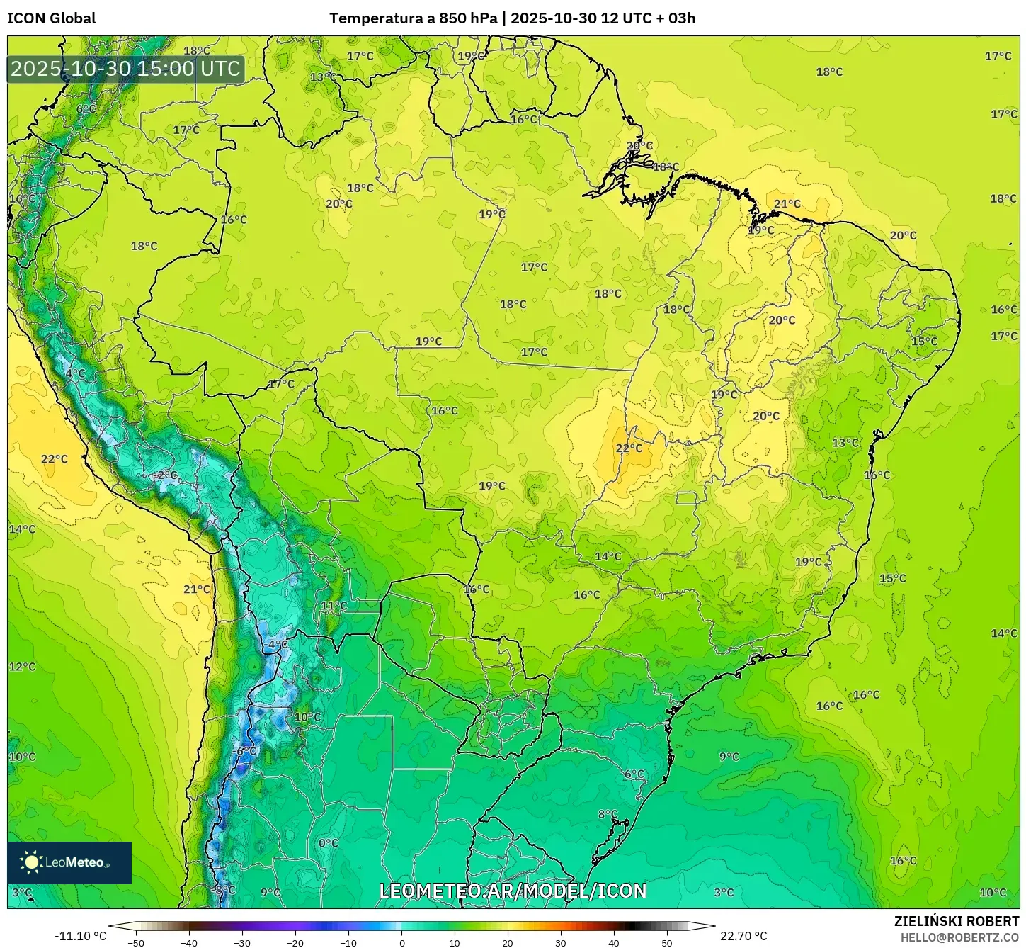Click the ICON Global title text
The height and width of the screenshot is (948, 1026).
point(51,18)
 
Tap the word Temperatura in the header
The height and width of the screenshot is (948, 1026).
point(375,18)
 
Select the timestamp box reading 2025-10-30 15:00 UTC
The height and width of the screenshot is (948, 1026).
point(126,69)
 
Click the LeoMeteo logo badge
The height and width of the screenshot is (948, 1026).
point(69,862)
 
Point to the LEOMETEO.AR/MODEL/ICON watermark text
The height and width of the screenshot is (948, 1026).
point(513,891)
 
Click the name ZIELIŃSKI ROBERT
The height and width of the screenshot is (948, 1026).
point(957,921)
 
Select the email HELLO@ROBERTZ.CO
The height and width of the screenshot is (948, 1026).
point(959,937)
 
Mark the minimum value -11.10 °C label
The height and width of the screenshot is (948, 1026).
point(80,936)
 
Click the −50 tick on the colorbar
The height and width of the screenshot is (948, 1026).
point(135,942)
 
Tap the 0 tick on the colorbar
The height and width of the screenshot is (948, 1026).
point(401,942)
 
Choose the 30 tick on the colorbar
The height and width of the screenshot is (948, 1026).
point(561,942)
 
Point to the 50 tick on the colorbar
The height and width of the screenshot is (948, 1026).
point(667,942)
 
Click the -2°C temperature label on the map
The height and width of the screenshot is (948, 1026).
point(166,475)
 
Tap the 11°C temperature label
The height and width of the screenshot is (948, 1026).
point(334,606)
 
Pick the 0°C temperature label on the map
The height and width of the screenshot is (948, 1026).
point(328,843)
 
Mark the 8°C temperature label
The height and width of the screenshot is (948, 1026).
point(608,814)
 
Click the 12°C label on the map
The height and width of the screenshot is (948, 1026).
point(22,667)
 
